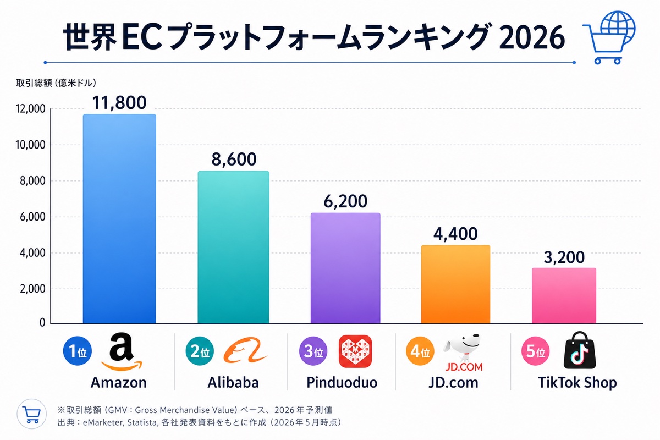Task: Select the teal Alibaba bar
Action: coord(233,247)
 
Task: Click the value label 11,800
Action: coord(120,102)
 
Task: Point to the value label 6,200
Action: coord(345,201)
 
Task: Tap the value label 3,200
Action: coord(564,257)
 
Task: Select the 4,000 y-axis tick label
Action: coord(30,253)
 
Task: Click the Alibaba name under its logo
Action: coord(234,382)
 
